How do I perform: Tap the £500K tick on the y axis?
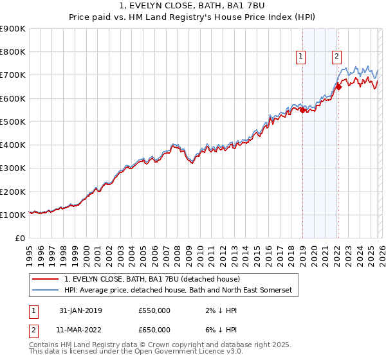pyautogui.click(x=13, y=122)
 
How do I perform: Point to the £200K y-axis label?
pyautogui.click(x=13, y=192)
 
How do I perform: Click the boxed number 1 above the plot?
pyautogui.click(x=302, y=57)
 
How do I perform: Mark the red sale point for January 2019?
pyautogui.click(x=302, y=110)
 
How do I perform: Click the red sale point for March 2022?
pyautogui.click(x=338, y=87)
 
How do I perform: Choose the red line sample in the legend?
pyautogui.click(x=46, y=279)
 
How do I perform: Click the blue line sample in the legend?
pyautogui.click(x=46, y=291)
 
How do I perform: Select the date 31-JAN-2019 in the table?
pyautogui.click(x=80, y=310)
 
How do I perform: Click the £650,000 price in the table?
pyautogui.click(x=154, y=330)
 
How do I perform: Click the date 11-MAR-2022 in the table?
pyautogui.click(x=80, y=330)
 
